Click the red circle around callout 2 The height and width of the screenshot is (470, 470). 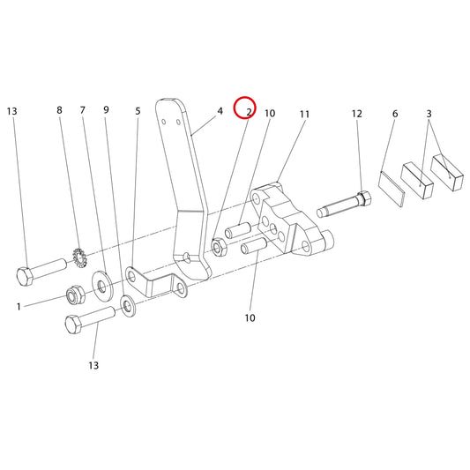pos(244,97)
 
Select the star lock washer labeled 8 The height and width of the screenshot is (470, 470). pos(80,257)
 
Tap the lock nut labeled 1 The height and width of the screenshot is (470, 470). pos(76,295)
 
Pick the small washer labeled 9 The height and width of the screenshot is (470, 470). pos(128,305)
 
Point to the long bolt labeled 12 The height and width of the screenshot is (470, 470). pos(345,204)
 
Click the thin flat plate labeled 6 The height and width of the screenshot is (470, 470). pos(392,189)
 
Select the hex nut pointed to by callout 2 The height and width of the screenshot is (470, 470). pos(219,247)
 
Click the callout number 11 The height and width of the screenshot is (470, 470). pos(304,115)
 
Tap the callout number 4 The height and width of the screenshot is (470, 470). pos(220,111)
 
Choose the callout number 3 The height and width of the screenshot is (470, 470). pos(429,114)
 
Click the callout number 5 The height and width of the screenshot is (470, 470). pos(138,111)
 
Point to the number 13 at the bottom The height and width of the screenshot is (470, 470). pos(93,365)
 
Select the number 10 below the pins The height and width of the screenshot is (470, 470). pos(250,317)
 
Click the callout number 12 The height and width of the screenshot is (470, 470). pos(357,114)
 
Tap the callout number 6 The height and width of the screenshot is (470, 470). pos(395,114)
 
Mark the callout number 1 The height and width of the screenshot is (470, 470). pos(19,307)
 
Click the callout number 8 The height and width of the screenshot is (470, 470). pos(59,110)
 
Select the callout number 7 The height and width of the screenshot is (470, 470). pos(83,110)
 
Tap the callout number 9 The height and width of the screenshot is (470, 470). pos(106,110)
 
